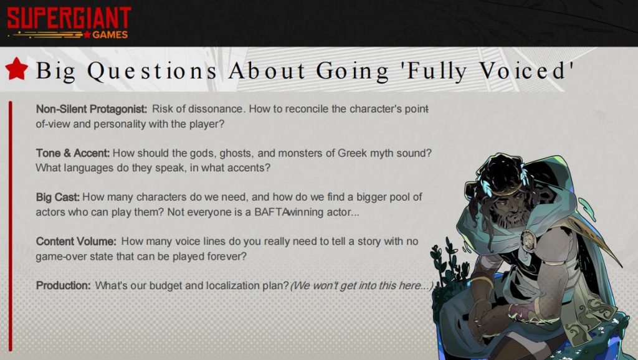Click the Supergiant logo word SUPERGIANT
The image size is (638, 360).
point(69,18)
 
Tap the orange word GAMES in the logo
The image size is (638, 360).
point(110,35)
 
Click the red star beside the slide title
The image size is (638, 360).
point(17,69)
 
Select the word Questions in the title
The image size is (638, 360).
point(152,71)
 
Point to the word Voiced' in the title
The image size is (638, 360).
point(526,70)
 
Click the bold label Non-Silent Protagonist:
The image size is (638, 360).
point(92,109)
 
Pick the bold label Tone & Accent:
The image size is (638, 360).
point(73,153)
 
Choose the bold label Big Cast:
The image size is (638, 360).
point(58,197)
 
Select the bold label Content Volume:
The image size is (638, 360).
point(76,241)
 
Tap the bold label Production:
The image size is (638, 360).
point(63,285)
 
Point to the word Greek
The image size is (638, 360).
point(353,153)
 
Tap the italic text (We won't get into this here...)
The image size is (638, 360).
point(362,285)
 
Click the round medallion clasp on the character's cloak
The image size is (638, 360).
point(529,241)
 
